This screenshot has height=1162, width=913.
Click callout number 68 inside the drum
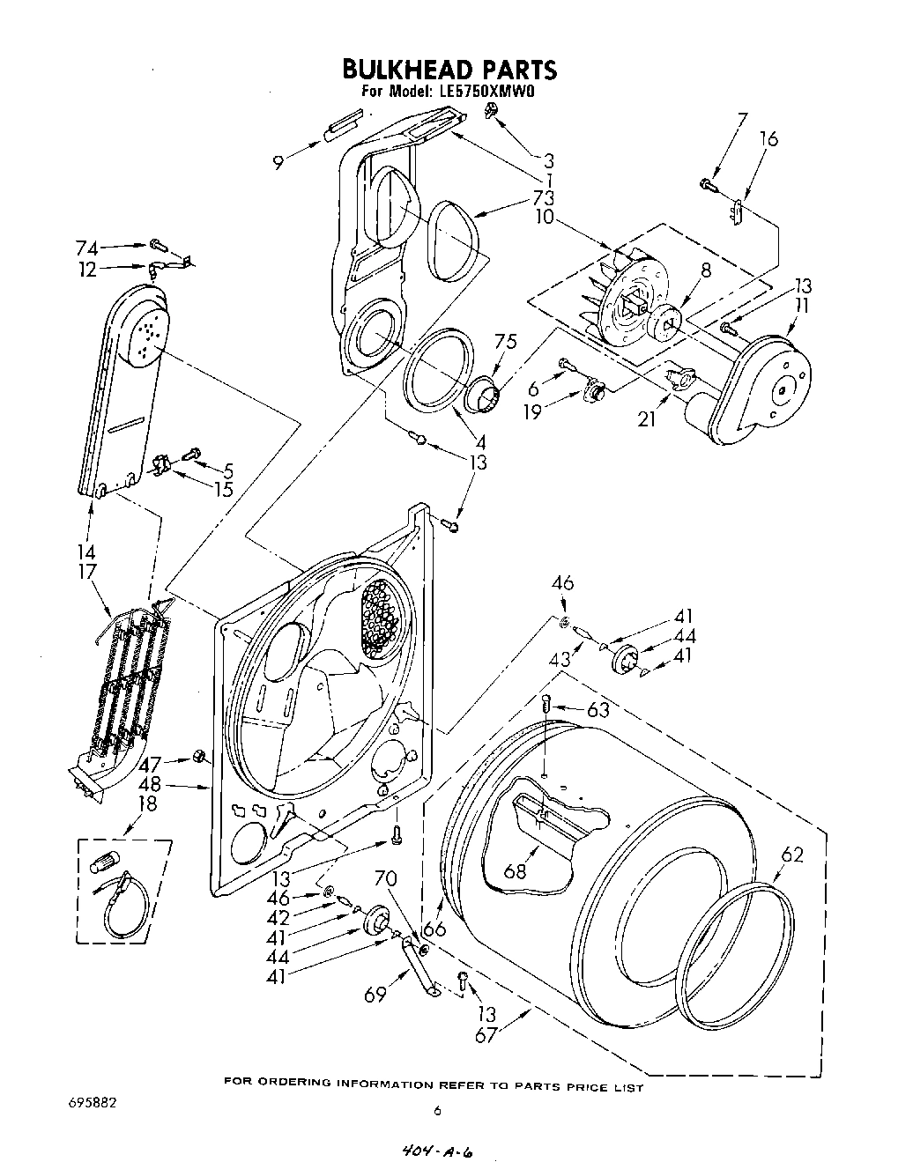pyautogui.click(x=515, y=871)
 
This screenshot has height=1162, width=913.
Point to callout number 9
pyautogui.click(x=278, y=161)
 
